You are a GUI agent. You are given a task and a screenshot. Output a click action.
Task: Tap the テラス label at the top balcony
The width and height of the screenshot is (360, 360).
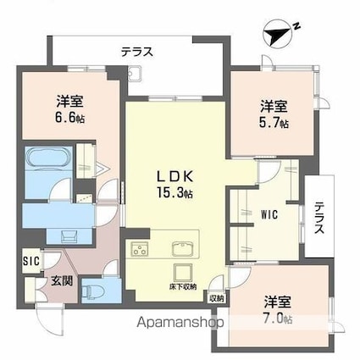click(136, 52)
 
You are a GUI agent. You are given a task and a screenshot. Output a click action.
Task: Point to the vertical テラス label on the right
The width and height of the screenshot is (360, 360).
click(319, 219)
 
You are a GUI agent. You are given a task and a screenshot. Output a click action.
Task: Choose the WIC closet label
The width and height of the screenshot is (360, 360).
click(269, 213)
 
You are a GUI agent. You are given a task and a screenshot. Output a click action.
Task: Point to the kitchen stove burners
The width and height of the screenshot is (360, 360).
click(140, 250)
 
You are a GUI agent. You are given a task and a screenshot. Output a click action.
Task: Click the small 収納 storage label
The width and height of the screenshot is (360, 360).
click(217, 297)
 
